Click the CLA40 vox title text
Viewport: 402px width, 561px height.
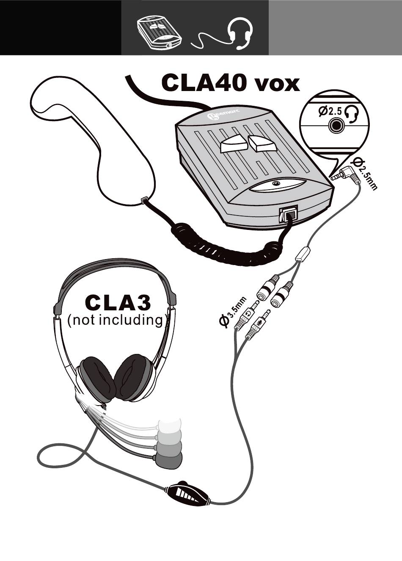230,83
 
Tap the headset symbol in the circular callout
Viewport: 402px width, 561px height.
352,113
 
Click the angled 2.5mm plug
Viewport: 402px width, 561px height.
346,174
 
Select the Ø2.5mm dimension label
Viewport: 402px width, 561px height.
365,174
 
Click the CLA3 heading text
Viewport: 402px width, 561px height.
117,302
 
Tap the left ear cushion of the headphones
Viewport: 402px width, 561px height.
98,378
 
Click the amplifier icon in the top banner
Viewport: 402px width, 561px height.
160,33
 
